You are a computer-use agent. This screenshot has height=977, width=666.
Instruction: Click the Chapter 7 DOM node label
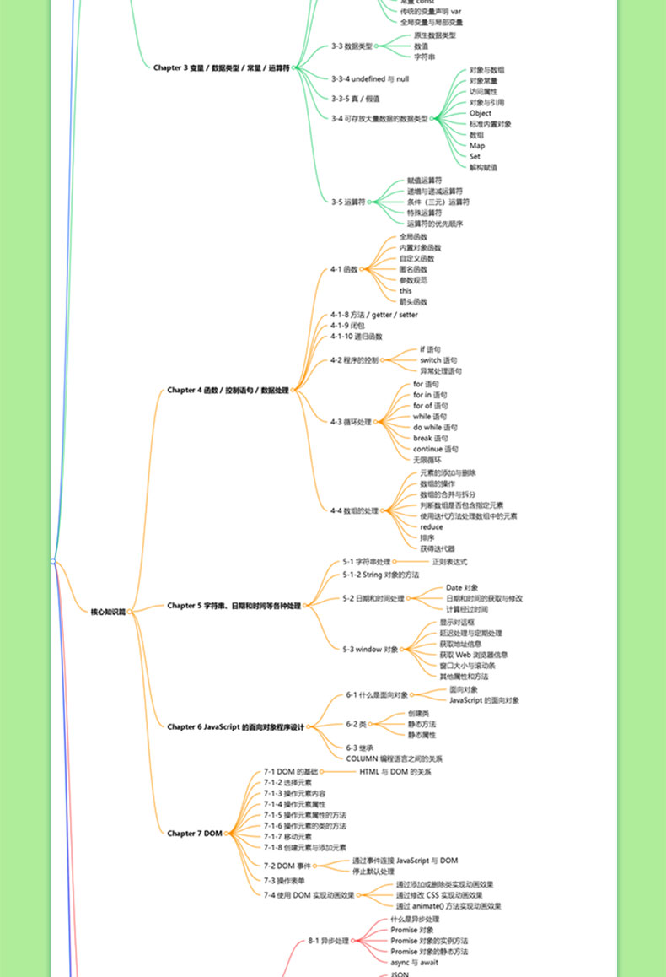[194, 834]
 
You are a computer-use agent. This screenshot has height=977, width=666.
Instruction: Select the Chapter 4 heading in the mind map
[228, 391]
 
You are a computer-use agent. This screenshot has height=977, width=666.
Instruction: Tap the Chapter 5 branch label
[234, 606]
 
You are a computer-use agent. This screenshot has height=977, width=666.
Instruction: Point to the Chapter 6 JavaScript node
[235, 726]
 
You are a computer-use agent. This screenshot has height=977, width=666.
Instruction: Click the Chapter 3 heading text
[223, 67]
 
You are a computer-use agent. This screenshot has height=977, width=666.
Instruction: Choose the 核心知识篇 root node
[108, 612]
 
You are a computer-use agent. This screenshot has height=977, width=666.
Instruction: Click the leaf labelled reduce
[431, 526]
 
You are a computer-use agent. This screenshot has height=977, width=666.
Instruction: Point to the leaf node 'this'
[406, 291]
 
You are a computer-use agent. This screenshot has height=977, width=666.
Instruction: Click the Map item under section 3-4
[477, 146]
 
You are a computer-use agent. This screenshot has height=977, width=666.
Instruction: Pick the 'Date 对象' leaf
[462, 588]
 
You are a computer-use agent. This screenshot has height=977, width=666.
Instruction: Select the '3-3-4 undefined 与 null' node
[369, 78]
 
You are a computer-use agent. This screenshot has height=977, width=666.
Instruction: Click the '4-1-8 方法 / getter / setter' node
[373, 315]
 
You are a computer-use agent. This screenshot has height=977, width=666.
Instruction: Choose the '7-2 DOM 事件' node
[287, 866]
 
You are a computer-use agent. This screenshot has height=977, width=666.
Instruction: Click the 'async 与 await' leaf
[414, 962]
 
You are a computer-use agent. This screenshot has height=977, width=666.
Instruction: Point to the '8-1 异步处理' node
[328, 940]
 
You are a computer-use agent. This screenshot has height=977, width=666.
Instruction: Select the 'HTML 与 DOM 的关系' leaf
[395, 772]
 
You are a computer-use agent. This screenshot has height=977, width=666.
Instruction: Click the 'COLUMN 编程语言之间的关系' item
[394, 758]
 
